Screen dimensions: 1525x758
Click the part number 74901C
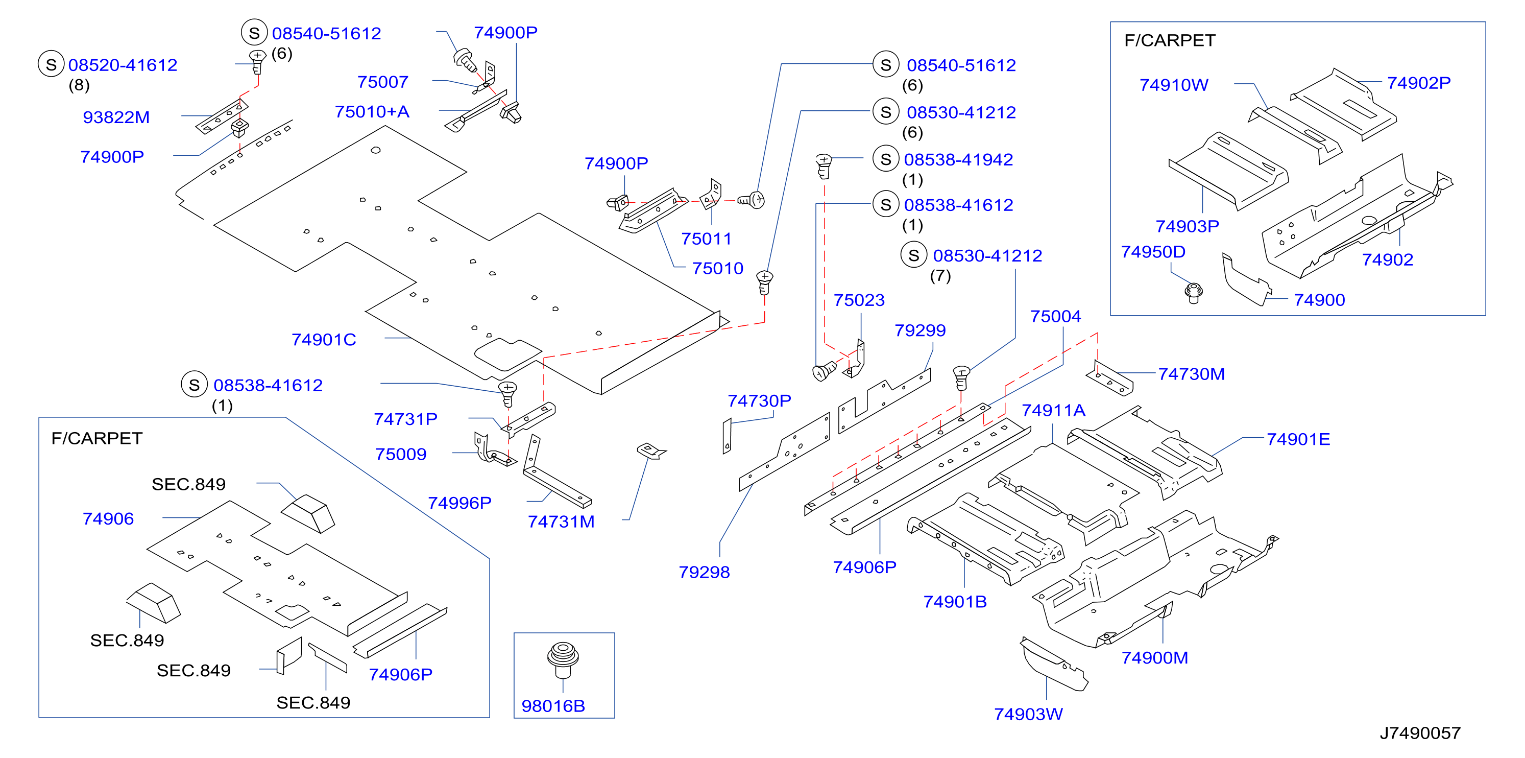tap(323, 339)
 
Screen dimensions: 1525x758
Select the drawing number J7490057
tap(1420, 733)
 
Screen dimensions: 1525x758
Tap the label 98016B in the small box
tap(553, 706)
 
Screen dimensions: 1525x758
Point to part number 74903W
tap(1028, 714)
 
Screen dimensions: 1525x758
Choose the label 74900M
tap(1154, 658)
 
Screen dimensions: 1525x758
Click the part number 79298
tap(704, 572)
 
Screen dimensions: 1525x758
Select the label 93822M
tap(116, 117)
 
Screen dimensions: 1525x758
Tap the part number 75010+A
tap(372, 111)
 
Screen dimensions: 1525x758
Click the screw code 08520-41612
tap(123, 65)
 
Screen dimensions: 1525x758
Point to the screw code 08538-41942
tap(958, 159)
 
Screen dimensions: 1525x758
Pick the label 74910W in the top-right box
tap(1173, 85)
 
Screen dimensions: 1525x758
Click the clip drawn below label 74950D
tap(1194, 293)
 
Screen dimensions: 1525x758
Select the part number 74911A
tap(1053, 410)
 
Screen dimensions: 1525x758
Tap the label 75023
tap(859, 300)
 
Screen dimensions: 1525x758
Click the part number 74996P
tap(459, 503)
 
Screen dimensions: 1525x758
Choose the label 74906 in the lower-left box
tap(108, 519)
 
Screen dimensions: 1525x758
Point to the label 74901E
tap(1298, 439)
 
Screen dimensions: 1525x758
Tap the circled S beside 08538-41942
tap(886, 159)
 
